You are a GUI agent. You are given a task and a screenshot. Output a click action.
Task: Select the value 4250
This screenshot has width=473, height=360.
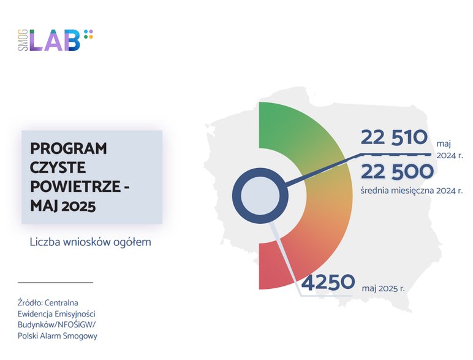pyautogui.click(x=328, y=283)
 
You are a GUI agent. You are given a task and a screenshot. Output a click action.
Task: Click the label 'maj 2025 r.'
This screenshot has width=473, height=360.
pyautogui.click(x=384, y=286)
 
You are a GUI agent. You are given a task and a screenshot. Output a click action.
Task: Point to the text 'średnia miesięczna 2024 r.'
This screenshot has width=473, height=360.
pyautogui.click(x=412, y=190)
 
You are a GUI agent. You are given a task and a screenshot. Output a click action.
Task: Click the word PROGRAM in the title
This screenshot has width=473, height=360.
pyautogui.click(x=68, y=149)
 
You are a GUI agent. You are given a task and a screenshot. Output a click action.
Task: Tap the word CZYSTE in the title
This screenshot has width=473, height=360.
pyautogui.click(x=58, y=167)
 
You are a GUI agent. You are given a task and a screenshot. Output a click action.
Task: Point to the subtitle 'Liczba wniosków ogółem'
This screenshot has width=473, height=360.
pyautogui.click(x=90, y=242)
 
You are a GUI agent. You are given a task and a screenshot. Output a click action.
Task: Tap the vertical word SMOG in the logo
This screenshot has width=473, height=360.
pyautogui.click(x=22, y=40)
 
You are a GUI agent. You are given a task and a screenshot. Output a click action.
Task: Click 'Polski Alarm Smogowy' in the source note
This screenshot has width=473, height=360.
pyautogui.click(x=58, y=336)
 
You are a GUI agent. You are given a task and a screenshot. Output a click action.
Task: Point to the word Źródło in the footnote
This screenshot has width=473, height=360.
pyautogui.click(x=30, y=302)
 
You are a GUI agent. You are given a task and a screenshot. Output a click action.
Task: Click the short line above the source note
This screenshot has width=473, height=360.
pyautogui.click(x=55, y=283)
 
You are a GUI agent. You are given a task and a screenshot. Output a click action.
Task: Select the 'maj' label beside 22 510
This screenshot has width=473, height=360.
pyautogui.click(x=444, y=143)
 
